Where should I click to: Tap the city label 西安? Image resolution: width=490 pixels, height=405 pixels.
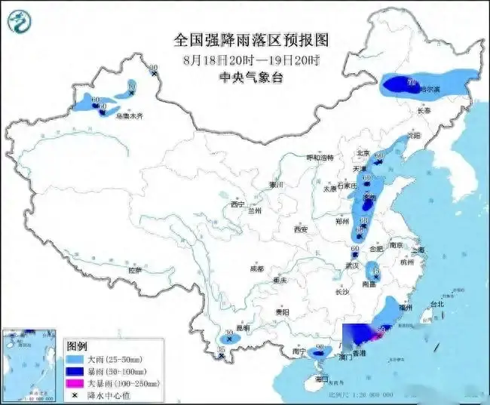tap(302, 229)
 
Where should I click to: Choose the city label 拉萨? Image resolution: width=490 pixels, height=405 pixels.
tap(135, 269)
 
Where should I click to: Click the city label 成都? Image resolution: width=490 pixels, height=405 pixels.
tap(257, 268)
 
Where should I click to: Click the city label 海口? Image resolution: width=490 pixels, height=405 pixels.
tap(322, 378)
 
